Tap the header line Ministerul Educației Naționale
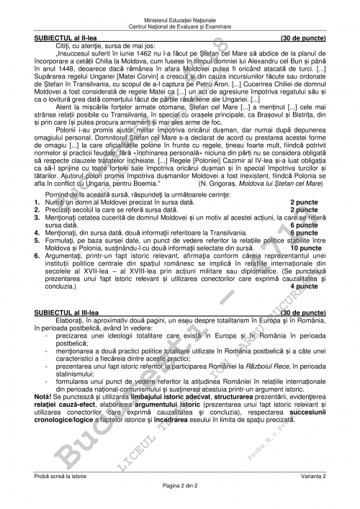(179, 8)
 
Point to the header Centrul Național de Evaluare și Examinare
(179, 14)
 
